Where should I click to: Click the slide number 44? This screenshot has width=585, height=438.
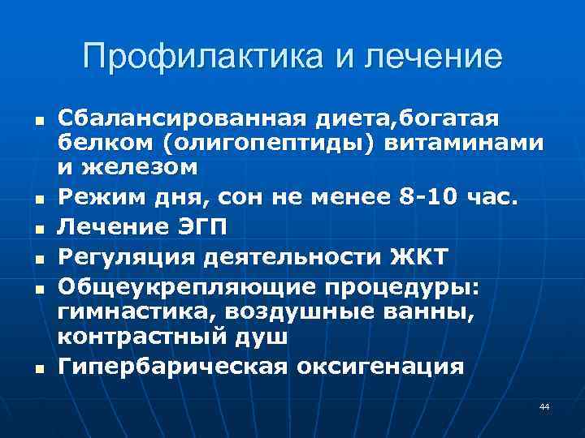coord(544,406)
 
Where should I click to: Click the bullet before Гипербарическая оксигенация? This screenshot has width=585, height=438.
coord(37,367)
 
